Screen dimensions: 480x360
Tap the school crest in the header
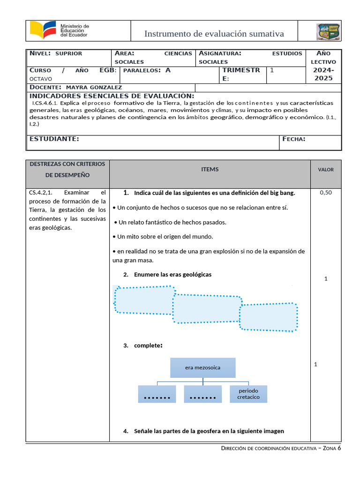click(x=329, y=32)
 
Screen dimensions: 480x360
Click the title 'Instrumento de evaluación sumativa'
click(x=214, y=34)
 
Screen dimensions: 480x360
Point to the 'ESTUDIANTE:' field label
click(x=54, y=139)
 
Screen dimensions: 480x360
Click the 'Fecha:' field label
click(x=294, y=139)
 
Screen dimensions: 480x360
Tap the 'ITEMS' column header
click(x=210, y=170)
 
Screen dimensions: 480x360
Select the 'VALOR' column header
click(x=326, y=170)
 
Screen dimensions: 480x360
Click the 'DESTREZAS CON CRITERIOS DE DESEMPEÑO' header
click(x=67, y=169)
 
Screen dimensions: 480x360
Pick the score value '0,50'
click(x=325, y=192)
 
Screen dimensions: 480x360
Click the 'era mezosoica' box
click(x=202, y=367)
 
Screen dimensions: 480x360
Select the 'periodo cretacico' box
click(x=248, y=394)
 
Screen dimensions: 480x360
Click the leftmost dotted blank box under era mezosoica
click(x=157, y=394)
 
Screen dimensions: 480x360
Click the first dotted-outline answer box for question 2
click(x=143, y=300)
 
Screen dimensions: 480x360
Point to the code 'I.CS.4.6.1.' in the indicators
click(x=45, y=103)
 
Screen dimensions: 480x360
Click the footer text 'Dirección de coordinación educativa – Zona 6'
click(x=281, y=449)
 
